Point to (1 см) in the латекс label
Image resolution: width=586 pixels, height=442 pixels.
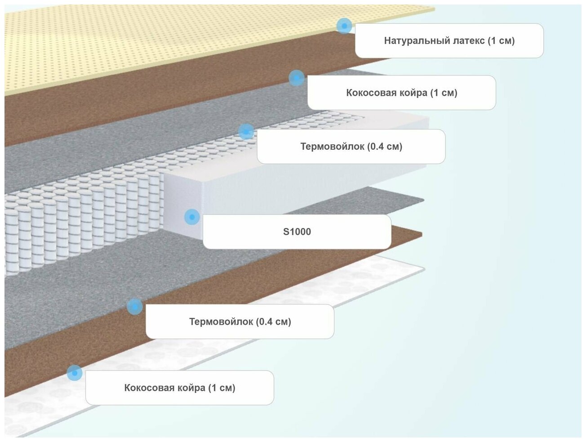(x=501, y=41)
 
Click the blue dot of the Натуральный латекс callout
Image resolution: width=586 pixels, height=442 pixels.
(x=344, y=26)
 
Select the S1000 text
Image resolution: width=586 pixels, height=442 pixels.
(x=297, y=232)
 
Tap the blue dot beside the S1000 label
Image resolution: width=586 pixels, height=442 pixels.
(x=192, y=217)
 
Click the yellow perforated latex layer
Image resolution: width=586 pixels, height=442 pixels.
(x=135, y=49)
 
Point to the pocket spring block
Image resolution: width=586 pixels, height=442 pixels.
(x=81, y=225)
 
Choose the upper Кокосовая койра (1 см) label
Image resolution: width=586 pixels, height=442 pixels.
(x=401, y=93)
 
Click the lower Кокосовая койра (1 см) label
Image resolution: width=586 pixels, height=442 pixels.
(x=180, y=388)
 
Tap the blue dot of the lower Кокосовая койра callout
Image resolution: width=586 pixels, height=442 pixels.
(x=75, y=373)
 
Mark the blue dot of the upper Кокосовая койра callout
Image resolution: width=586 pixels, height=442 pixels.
(x=297, y=78)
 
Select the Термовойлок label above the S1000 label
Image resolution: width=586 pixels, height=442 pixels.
(x=351, y=147)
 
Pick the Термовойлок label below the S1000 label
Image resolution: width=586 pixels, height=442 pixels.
(x=240, y=322)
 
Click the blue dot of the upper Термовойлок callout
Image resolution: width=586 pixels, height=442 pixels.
(x=246, y=132)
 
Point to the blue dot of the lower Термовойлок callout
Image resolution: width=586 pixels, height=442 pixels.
(x=135, y=307)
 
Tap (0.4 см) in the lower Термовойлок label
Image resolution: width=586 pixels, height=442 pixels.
(x=274, y=322)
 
